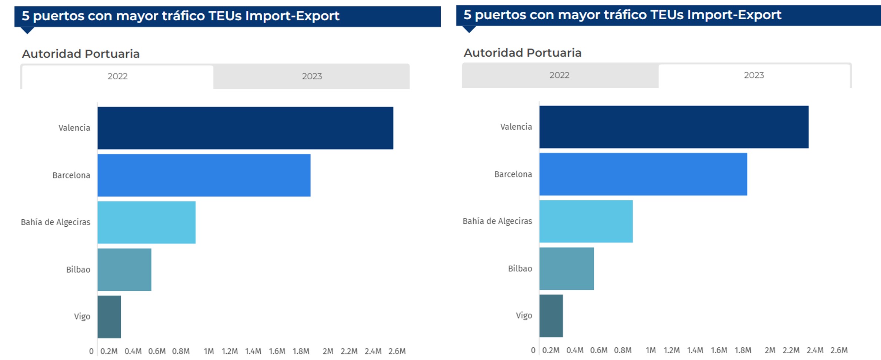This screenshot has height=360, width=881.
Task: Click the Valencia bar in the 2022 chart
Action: pyautogui.click(x=245, y=128)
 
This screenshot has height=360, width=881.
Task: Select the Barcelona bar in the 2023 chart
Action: pyautogui.click(x=643, y=174)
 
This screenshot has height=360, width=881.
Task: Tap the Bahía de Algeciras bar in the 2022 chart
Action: pyautogui.click(x=146, y=222)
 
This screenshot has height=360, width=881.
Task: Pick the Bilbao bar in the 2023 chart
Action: pyautogui.click(x=566, y=269)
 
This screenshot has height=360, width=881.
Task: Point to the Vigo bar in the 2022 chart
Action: pyautogui.click(x=109, y=317)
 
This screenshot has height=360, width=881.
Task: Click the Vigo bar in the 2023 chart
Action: pyautogui.click(x=551, y=316)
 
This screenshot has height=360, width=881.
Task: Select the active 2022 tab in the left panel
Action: pyautogui.click(x=117, y=77)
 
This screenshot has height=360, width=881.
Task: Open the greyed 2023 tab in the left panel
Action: pyautogui.click(x=312, y=77)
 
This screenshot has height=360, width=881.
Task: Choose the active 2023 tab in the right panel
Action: pyautogui.click(x=754, y=76)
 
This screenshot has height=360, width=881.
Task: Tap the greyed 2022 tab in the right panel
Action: pyautogui.click(x=559, y=76)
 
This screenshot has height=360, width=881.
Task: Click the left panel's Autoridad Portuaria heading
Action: pyautogui.click(x=81, y=54)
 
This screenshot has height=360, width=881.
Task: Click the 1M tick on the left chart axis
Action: pyautogui.click(x=208, y=351)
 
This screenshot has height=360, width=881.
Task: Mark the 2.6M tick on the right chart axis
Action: pyautogui.click(x=839, y=350)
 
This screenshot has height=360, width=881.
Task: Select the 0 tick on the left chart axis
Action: pyautogui.click(x=91, y=351)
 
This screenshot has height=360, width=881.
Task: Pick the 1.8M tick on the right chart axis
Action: pyautogui.click(x=743, y=350)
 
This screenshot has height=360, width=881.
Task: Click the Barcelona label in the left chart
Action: pyautogui.click(x=71, y=175)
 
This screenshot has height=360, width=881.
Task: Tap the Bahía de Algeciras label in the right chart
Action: pyautogui.click(x=497, y=221)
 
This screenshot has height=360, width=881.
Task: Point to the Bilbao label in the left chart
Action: pyautogui.click(x=78, y=270)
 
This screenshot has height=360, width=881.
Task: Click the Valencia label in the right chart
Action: pyautogui.click(x=516, y=127)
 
